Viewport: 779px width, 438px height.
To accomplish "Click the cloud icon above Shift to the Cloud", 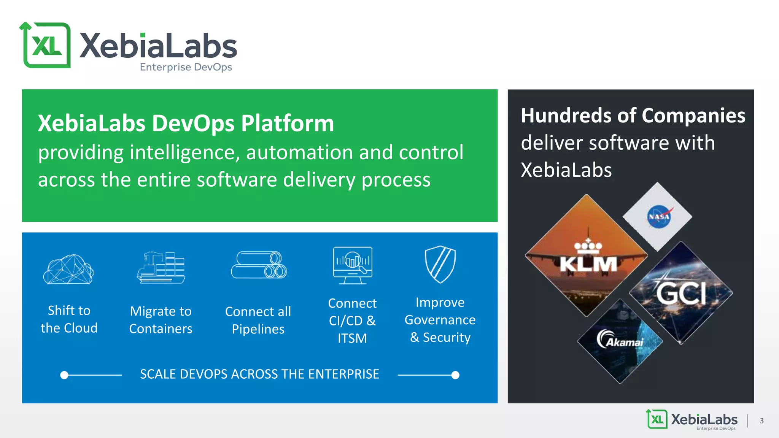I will click(x=68, y=269).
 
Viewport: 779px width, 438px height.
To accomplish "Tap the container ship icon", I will click(x=161, y=268).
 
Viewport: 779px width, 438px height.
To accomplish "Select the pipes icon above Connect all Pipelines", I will click(x=259, y=265).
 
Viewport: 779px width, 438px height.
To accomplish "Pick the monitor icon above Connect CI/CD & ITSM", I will click(x=353, y=265).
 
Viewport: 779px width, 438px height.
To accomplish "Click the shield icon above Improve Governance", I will click(x=440, y=264).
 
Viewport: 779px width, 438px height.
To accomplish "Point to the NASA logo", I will click(x=659, y=217).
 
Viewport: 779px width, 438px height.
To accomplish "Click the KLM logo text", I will click(x=588, y=263).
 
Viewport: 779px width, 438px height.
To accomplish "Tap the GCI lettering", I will click(x=681, y=293).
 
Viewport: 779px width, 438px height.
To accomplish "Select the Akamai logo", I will click(x=621, y=340).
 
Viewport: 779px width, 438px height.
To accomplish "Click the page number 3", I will click(x=762, y=421).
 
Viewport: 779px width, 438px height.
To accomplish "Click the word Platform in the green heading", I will click(x=288, y=123).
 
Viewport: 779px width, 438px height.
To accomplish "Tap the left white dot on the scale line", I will click(x=64, y=375).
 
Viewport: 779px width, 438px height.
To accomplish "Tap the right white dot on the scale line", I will click(x=455, y=375).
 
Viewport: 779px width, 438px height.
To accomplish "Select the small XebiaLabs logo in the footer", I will click(x=692, y=420).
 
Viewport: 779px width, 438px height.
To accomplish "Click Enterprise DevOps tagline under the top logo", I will click(x=186, y=67).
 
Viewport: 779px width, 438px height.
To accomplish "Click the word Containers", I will click(x=161, y=329).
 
